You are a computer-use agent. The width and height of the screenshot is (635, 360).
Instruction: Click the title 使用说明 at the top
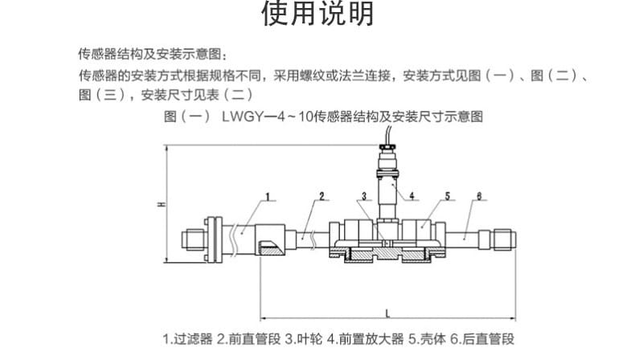[317, 13]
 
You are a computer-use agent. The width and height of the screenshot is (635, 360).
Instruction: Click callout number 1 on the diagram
[268, 197]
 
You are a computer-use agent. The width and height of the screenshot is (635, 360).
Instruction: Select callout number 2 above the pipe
[322, 196]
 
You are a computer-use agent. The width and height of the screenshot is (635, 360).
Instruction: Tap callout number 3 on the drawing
[364, 196]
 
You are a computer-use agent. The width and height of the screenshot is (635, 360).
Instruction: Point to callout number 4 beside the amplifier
[412, 196]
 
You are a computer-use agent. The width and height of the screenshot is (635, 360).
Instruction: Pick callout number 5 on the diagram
[448, 196]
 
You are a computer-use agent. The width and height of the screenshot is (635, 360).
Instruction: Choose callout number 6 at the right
[479, 196]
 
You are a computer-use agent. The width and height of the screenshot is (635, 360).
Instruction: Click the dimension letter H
[162, 204]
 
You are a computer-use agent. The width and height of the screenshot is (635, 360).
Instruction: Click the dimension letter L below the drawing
[387, 313]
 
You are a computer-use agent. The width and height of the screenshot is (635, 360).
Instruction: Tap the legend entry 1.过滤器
[187, 338]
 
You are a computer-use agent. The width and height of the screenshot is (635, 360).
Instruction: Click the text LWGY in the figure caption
[243, 117]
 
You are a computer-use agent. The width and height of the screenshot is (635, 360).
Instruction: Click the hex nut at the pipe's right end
[504, 239]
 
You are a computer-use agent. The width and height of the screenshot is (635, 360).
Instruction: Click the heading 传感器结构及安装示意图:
[153, 54]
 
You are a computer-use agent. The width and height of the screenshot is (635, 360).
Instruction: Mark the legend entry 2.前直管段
[248, 338]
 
